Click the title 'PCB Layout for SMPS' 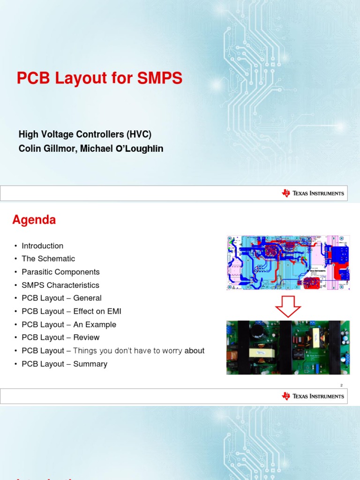99,78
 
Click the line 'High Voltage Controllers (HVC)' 85,135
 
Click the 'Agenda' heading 34,219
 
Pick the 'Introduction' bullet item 42,246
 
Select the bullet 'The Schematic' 48,259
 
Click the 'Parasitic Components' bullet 60,272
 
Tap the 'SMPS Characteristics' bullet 60,285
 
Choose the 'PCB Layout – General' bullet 61,298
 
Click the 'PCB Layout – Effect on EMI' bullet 71,311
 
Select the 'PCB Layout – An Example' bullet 69,324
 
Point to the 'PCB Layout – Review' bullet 60,337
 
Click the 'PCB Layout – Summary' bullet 64,364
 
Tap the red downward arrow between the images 288,306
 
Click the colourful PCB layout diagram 288,262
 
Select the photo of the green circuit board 288,347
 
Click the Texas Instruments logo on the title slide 313,193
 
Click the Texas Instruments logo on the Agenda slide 313,396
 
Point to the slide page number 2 341,385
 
